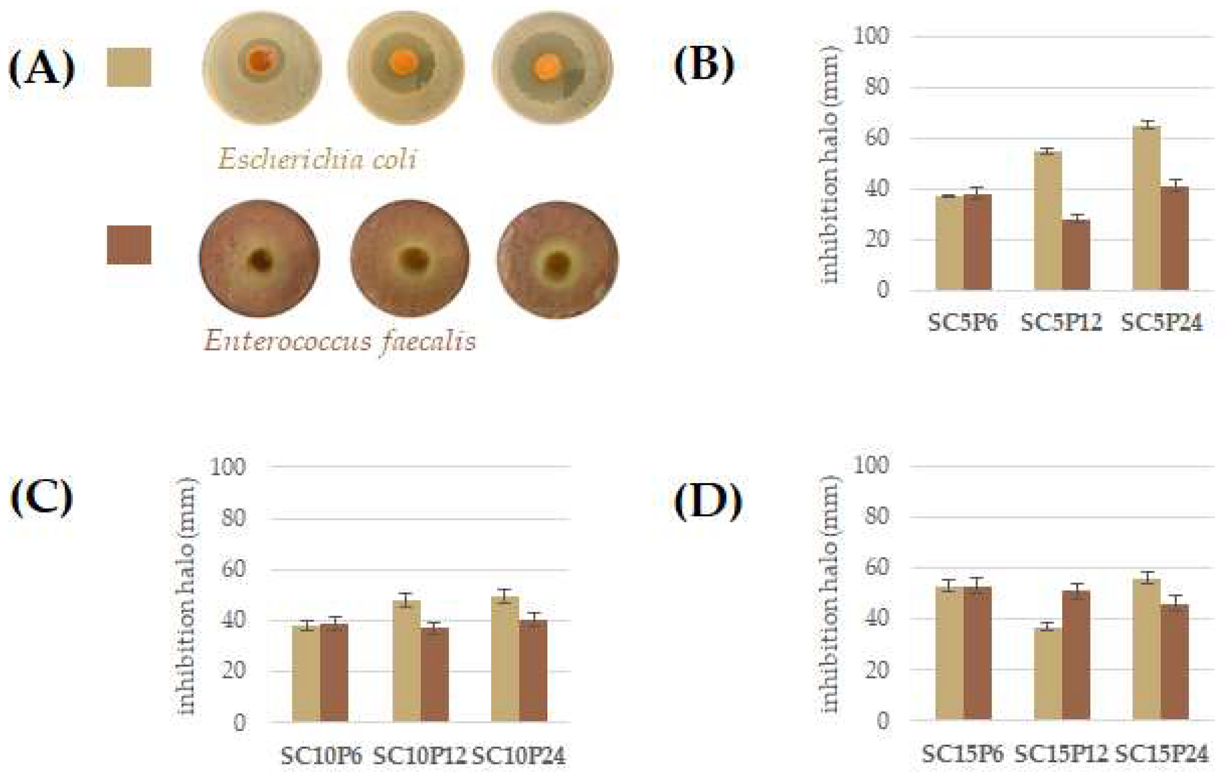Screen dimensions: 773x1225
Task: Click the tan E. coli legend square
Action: pos(129,67)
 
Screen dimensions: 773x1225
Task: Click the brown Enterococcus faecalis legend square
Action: pos(129,245)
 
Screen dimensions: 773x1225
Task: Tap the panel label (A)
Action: pos(42,69)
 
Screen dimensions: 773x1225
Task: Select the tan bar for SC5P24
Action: pos(1146,209)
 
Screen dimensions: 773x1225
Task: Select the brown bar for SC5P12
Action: pos(1076,255)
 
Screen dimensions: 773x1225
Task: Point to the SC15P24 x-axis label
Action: pos(1161,754)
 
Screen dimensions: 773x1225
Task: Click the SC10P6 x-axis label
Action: pos(321,756)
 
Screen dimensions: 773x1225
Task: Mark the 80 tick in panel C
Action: pos(233,518)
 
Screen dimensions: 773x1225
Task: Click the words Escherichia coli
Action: pos(317,159)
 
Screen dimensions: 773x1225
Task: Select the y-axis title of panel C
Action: pos(186,595)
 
